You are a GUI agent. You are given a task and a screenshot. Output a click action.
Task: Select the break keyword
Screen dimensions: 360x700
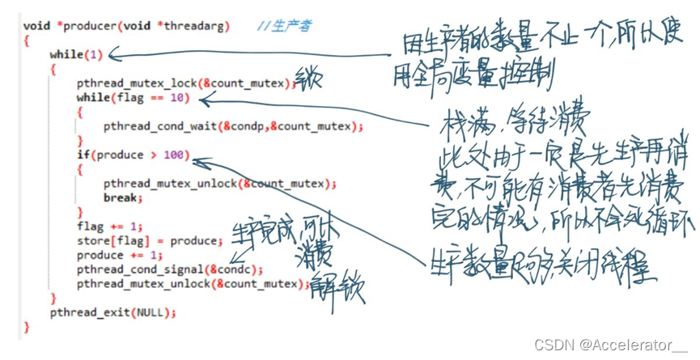coord(121,197)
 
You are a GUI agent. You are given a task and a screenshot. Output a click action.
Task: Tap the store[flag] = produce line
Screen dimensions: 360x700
coord(149,241)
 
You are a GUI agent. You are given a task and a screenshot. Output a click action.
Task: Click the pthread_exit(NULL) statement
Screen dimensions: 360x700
coord(112,312)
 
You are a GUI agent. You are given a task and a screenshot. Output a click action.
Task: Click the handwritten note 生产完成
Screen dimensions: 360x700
coord(257,231)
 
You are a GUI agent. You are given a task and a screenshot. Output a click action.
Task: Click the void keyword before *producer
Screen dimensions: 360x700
coord(36,26)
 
